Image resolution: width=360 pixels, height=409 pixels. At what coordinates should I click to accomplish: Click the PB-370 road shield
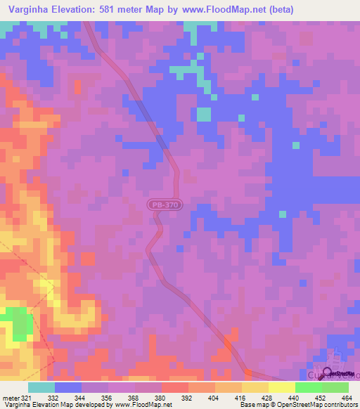(165, 204)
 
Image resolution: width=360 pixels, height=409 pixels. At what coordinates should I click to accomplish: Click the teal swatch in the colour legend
(41, 388)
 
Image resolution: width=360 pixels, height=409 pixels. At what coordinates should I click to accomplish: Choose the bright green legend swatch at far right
(335, 388)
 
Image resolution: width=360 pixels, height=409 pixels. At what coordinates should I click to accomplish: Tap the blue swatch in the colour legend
(68, 388)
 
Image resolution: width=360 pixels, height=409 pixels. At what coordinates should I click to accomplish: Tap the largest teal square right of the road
(204, 115)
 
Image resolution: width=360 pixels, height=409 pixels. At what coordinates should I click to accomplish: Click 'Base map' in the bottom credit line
(253, 405)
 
